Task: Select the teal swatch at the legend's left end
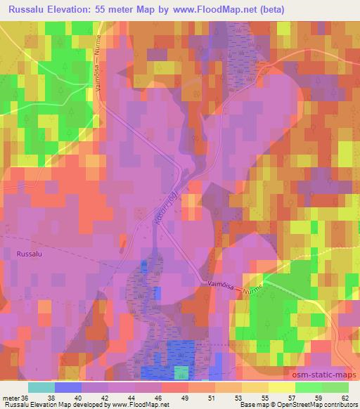pos(41,387)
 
